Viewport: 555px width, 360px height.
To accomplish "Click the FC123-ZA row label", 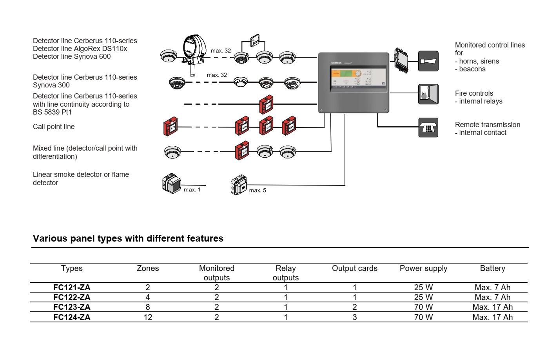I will pyautogui.click(x=72, y=307).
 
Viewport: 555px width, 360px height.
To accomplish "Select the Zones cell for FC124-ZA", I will pyautogui.click(x=148, y=317).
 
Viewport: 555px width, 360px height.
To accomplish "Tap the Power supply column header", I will pyautogui.click(x=423, y=269).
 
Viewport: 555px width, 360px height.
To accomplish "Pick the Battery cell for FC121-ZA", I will pyautogui.click(x=492, y=287).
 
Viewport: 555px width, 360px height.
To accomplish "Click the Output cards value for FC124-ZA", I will pyautogui.click(x=355, y=317).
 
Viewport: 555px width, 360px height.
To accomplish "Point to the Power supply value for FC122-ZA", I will pyautogui.click(x=423, y=297).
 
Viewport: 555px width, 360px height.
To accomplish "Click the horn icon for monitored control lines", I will pyautogui.click(x=428, y=61).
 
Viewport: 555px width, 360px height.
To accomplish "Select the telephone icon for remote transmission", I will pyautogui.click(x=428, y=127).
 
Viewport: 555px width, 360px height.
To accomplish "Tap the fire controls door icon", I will pyautogui.click(x=428, y=94).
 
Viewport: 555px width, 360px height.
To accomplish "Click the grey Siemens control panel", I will pyautogui.click(x=354, y=82).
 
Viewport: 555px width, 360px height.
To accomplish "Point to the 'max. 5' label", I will pyautogui.click(x=258, y=191).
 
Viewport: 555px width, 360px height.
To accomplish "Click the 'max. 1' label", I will pyautogui.click(x=192, y=190).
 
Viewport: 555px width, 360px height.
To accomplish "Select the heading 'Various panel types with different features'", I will pyautogui.click(x=128, y=238).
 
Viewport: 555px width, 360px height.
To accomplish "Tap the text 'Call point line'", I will pyautogui.click(x=54, y=127).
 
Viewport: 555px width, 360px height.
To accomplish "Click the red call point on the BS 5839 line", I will pyautogui.click(x=267, y=104).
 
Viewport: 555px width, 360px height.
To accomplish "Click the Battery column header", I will pyautogui.click(x=492, y=269).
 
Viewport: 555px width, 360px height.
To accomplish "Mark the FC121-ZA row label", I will pyautogui.click(x=72, y=287).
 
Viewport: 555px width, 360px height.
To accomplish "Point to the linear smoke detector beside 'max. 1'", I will pyautogui.click(x=171, y=183).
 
